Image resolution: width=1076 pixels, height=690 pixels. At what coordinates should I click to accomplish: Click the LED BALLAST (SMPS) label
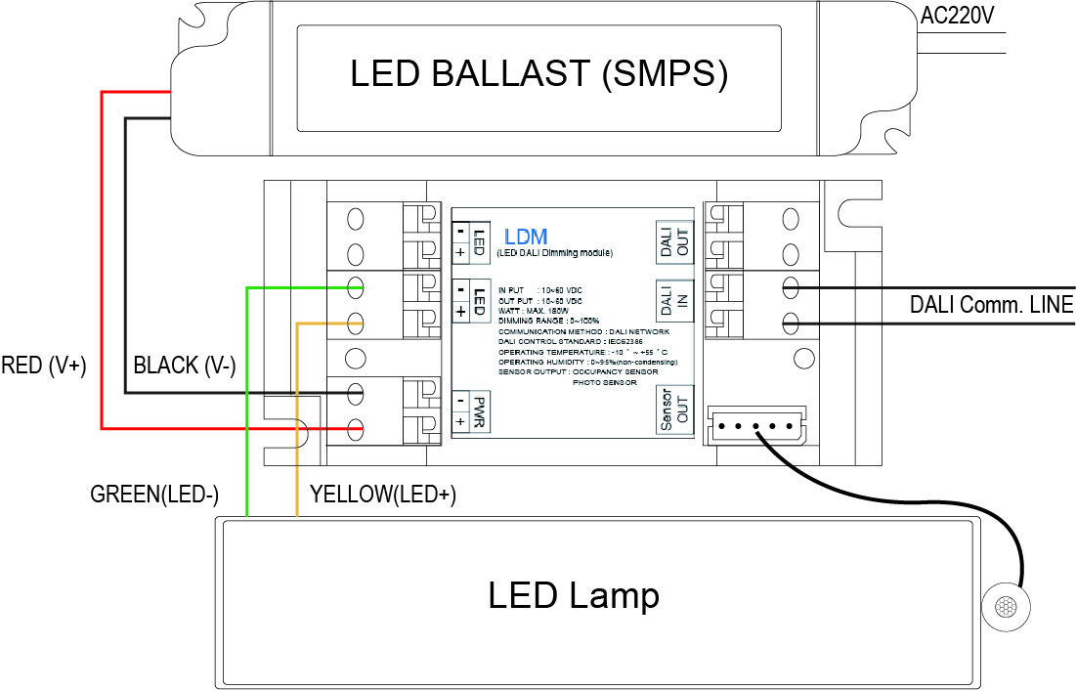pos(538,75)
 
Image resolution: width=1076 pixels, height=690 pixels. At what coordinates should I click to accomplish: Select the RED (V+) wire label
pos(45,367)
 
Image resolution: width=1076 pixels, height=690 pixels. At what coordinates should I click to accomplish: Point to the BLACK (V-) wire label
pos(185,367)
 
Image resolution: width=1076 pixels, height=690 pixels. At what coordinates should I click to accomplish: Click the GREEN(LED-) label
pos(154,494)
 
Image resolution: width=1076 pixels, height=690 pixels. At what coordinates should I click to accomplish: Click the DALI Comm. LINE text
pos(991,306)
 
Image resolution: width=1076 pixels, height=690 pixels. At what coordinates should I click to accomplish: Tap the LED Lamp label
pos(574,595)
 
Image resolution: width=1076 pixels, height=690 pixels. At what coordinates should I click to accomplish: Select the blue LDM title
pos(526,237)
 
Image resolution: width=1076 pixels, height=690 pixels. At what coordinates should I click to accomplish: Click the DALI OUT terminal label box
pos(675,239)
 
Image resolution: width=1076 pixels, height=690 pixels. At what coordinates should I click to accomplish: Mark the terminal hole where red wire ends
pos(356,428)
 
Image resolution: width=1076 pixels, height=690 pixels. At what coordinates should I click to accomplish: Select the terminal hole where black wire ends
pos(356,393)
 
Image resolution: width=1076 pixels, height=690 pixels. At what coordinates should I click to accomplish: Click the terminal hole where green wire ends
pos(356,287)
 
